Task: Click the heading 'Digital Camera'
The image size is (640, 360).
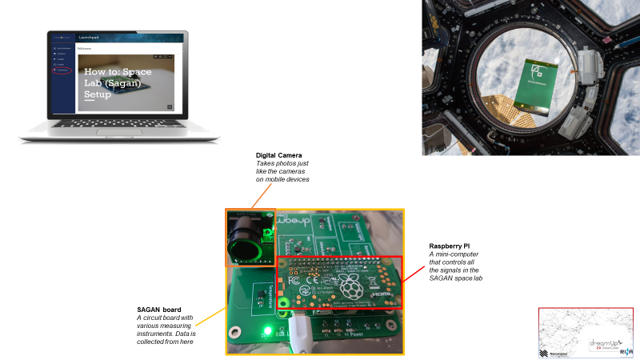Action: [278, 154]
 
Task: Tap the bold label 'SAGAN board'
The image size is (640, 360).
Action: [158, 310]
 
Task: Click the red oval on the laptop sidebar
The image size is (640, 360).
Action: [63, 71]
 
